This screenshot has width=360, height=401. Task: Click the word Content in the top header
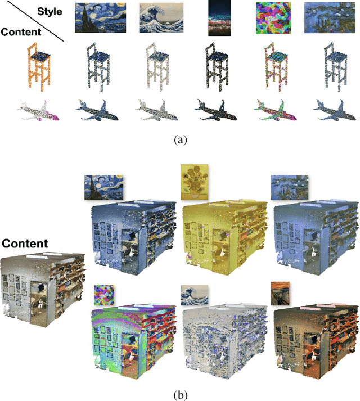21,32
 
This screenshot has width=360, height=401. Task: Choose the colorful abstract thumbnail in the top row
274,17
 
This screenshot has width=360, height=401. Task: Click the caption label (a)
179,140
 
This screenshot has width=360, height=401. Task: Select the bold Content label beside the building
25,244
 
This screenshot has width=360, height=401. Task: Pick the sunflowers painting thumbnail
193,182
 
